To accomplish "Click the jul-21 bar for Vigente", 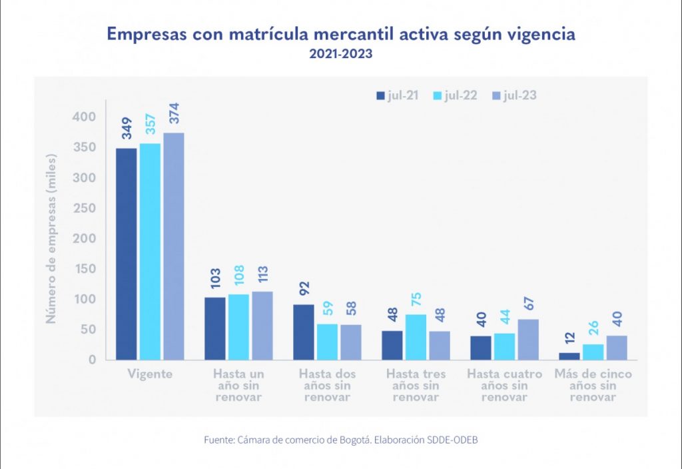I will click(x=127, y=254).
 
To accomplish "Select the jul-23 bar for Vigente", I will click(x=174, y=246).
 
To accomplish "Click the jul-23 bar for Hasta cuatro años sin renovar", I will click(x=528, y=340).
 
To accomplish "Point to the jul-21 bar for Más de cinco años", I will click(x=569, y=356).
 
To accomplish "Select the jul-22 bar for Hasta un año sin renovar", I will click(x=238, y=327).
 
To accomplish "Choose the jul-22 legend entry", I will click(x=456, y=95).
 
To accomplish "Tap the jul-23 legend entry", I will click(x=514, y=95).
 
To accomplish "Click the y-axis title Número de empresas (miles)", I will click(x=51, y=238).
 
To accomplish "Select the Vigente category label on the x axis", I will click(x=150, y=374).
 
